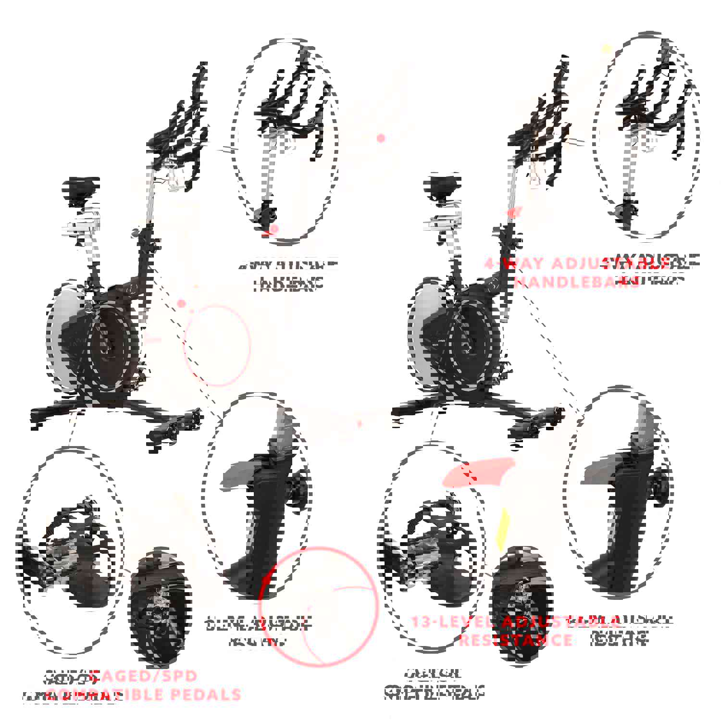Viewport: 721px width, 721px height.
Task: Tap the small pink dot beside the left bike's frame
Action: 181,303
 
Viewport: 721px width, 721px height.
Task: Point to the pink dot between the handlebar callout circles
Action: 381,138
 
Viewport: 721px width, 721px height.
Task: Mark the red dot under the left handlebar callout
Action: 274,230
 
